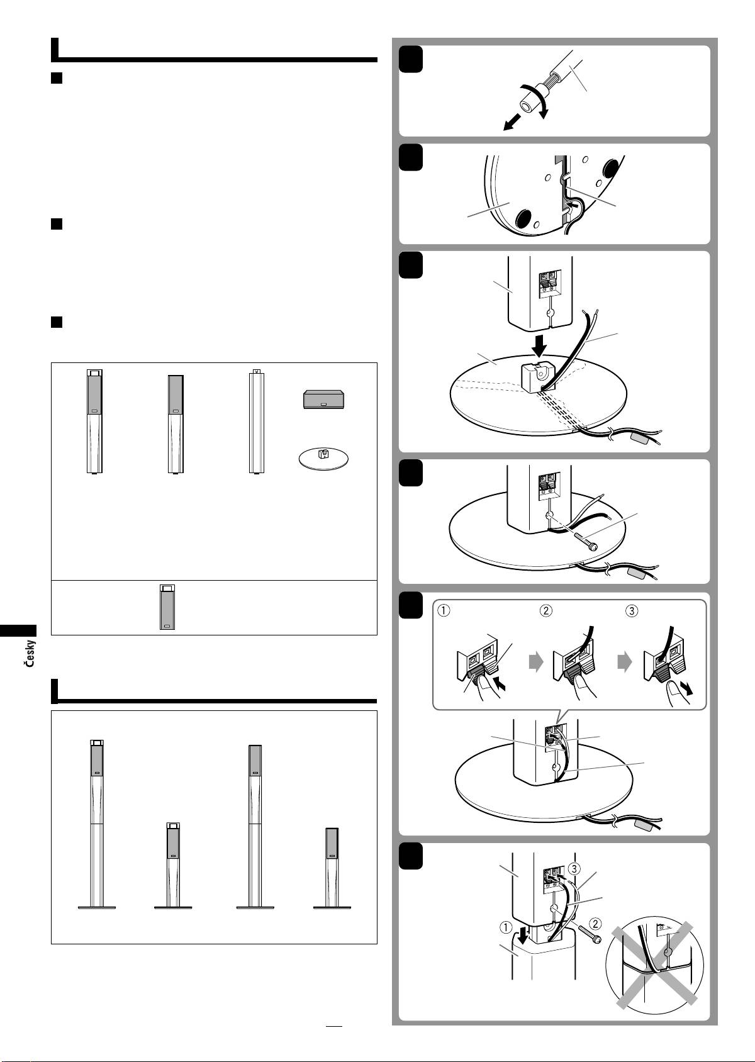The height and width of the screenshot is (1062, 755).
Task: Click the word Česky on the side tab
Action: click(30, 654)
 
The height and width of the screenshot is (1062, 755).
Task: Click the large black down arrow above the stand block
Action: click(540, 345)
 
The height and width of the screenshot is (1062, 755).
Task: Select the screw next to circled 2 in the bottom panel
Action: click(589, 935)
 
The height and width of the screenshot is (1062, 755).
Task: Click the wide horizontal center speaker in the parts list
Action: click(324, 399)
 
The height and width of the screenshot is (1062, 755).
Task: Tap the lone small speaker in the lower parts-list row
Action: click(167, 607)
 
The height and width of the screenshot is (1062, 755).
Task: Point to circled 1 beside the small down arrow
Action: click(506, 927)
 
